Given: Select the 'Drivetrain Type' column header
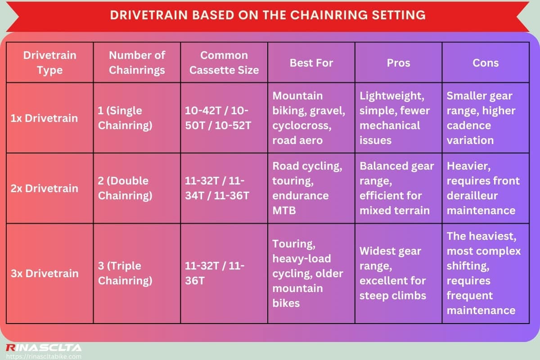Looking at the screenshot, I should (x=49, y=63).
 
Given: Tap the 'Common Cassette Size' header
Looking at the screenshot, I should (x=224, y=63).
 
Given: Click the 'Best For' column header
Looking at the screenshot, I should (x=311, y=63).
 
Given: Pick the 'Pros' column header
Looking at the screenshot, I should (x=398, y=63).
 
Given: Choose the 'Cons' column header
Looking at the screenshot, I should (x=485, y=63).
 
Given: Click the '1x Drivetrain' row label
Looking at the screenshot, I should (x=44, y=118).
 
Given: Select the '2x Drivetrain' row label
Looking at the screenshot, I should (x=44, y=188).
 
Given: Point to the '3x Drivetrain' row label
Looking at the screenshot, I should (x=44, y=273).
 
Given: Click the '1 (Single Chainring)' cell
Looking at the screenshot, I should (x=125, y=118).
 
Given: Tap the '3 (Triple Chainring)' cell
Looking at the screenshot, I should (x=125, y=273).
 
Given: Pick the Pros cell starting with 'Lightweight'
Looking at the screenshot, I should (x=394, y=118).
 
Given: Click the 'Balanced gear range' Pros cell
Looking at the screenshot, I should (x=396, y=188).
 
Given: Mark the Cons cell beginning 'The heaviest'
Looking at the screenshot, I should (x=483, y=273).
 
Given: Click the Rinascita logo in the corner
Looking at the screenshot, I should (x=43, y=348).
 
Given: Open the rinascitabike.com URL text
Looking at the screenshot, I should (x=43, y=356).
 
